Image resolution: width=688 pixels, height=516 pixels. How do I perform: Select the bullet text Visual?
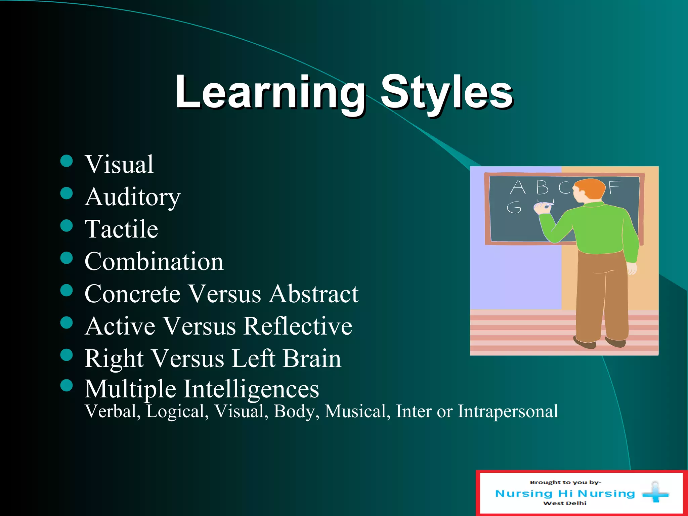tap(119, 165)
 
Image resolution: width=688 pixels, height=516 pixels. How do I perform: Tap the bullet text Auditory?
tap(133, 197)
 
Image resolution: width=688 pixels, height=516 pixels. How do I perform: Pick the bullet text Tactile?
tap(121, 229)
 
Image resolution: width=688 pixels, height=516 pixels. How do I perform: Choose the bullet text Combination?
tap(154, 262)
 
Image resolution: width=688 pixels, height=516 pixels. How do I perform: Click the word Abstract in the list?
tap(314, 294)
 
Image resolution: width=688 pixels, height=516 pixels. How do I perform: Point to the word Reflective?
tap(298, 326)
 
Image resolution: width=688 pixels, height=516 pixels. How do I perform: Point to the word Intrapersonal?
tap(508, 411)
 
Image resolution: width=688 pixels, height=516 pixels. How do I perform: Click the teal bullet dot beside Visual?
tap(67, 161)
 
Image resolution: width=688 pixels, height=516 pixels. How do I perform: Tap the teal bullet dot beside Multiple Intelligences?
tap(67, 386)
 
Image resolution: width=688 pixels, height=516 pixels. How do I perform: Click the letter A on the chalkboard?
tap(517, 187)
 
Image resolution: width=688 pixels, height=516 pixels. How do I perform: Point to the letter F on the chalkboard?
tap(614, 187)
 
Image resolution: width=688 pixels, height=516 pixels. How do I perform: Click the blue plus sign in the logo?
tap(655, 493)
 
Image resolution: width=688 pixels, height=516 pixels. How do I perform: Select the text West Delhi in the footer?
tap(565, 503)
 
